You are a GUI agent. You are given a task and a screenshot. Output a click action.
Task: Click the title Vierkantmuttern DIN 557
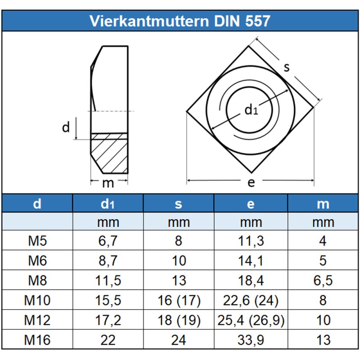tap(180, 21)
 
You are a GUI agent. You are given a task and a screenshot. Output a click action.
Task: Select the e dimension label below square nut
tap(251, 182)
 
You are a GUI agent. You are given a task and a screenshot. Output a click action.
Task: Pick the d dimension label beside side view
tap(66, 128)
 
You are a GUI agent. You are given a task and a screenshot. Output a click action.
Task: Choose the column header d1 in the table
tap(108, 204)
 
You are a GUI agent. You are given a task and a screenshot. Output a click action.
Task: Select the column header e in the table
tap(251, 204)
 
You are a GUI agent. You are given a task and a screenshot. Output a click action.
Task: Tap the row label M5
tap(37, 241)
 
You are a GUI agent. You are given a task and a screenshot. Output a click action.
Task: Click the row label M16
tap(37, 340)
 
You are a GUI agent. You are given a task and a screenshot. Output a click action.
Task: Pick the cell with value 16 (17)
tap(179, 300)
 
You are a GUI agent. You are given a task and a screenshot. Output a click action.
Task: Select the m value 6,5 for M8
tap(323, 280)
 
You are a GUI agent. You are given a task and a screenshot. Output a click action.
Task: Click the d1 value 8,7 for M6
tap(108, 261)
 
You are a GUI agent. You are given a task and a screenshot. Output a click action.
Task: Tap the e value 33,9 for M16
tap(251, 340)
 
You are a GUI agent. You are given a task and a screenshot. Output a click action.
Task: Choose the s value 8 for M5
tap(179, 241)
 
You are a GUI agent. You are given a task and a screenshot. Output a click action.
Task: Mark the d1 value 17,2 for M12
tap(108, 320)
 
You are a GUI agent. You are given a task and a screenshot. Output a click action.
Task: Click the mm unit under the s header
tap(179, 222)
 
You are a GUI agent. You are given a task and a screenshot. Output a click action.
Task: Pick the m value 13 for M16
tap(323, 340)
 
